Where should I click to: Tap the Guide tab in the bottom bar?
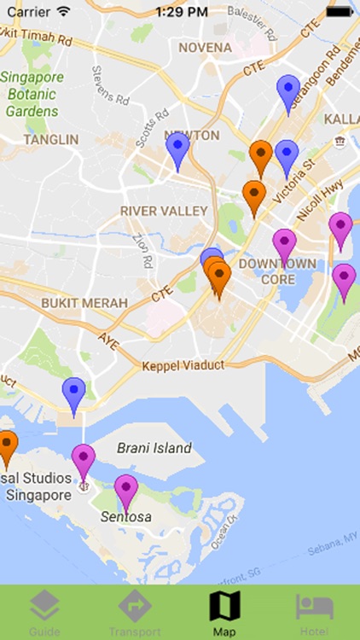coord(44,613)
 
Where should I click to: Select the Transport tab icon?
coord(135,613)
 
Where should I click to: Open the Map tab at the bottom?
coord(224,613)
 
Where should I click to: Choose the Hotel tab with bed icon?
coord(314,613)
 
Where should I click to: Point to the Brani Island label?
coord(154,448)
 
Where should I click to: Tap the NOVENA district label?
coord(204,48)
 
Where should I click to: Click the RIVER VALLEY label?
coord(164,211)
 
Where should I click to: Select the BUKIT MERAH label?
coord(84,303)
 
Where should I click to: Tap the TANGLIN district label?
coord(51,139)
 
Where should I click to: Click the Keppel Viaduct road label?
coord(183,365)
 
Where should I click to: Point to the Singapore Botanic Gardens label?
coord(32,94)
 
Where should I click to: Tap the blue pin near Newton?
coord(177,150)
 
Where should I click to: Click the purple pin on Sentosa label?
coord(126,492)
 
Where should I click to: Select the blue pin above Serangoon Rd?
coord(289,91)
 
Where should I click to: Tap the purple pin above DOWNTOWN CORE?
coord(284,244)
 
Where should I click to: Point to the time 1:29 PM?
coord(180,12)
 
